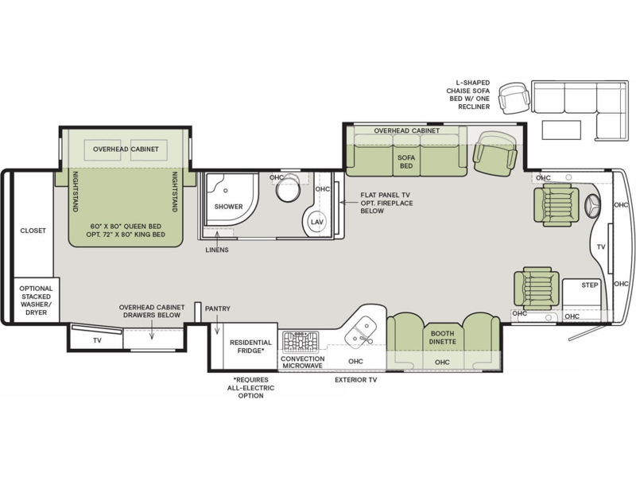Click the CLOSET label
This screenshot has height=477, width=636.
33,231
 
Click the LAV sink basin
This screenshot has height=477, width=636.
316,221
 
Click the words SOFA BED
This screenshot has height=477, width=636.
405,162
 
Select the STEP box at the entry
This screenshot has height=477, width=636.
589,285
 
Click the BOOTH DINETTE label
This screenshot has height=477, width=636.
442,337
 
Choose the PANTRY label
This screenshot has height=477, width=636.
217,308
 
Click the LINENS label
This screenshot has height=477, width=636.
216,250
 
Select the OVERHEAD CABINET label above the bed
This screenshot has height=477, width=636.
126,149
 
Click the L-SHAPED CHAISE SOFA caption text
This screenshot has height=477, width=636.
473,94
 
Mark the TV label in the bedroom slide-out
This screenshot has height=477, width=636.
96,339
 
